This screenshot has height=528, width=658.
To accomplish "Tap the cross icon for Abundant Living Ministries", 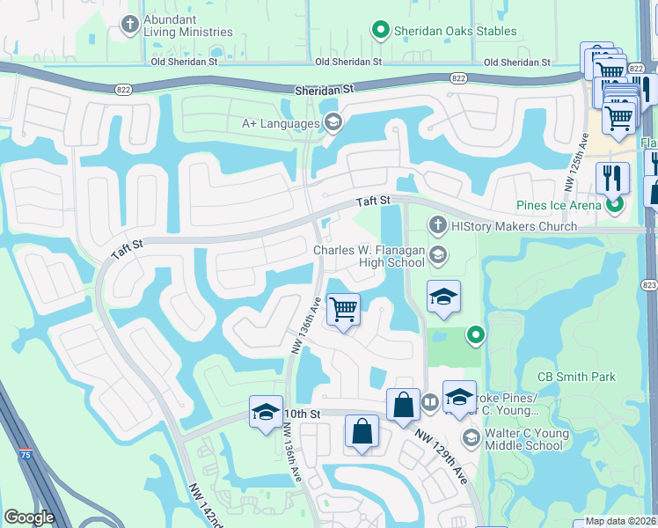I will click(130, 24).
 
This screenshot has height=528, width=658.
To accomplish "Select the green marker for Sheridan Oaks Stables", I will click(381, 31).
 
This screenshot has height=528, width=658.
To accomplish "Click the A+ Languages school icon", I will click(333, 123).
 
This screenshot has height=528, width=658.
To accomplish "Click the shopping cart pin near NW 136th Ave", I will click(343, 309).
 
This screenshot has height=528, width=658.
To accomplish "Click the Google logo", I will click(29, 517).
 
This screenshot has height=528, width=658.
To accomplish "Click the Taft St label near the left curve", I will click(128, 246).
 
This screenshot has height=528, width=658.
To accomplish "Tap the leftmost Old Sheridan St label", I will click(184, 62).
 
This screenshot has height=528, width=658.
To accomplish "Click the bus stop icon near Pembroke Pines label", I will click(430, 403).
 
